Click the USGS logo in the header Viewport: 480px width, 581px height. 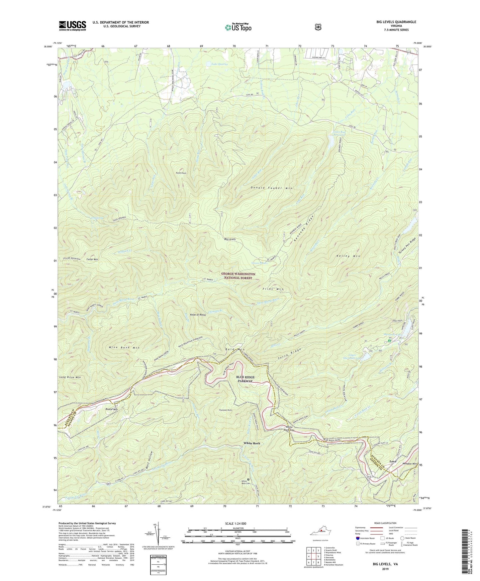(x=72, y=26)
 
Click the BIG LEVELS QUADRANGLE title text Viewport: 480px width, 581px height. (x=396, y=22)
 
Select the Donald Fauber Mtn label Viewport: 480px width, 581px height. (x=271, y=188)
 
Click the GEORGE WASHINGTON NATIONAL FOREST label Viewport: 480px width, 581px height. (x=239, y=276)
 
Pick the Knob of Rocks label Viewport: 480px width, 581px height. (x=198, y=314)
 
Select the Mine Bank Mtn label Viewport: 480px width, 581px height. (x=124, y=347)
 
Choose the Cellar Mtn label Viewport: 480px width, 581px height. (x=92, y=259)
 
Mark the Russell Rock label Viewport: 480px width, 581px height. (x=181, y=173)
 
